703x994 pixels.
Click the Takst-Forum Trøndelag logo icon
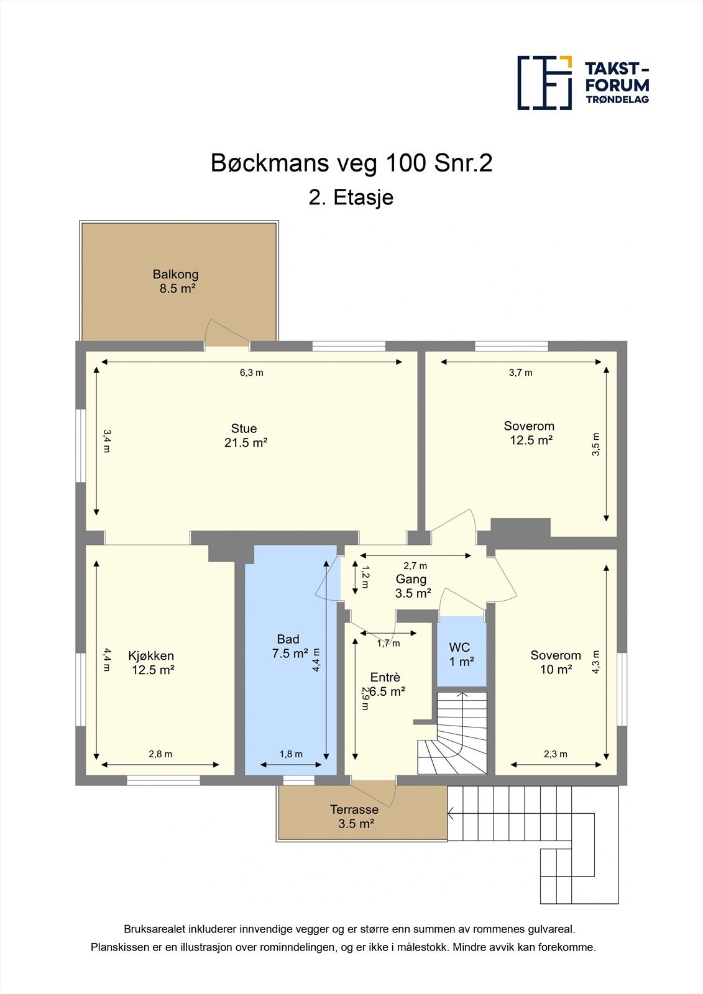[544, 83]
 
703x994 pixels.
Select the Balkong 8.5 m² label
[176, 281]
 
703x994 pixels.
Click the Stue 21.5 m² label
[245, 435]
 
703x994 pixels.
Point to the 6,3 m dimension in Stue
[251, 373]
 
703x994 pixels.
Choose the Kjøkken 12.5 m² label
[152, 662]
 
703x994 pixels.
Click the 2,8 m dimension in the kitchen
[160, 754]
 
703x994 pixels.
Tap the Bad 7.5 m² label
[290, 646]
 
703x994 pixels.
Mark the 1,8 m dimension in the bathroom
[291, 754]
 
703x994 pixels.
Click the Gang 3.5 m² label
[413, 586]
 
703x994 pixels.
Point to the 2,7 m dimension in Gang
[415, 566]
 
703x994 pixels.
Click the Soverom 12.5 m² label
[530, 433]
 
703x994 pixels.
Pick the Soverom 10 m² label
[556, 662]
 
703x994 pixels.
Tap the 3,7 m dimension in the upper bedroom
[520, 373]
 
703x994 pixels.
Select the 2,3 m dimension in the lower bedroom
[556, 754]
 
